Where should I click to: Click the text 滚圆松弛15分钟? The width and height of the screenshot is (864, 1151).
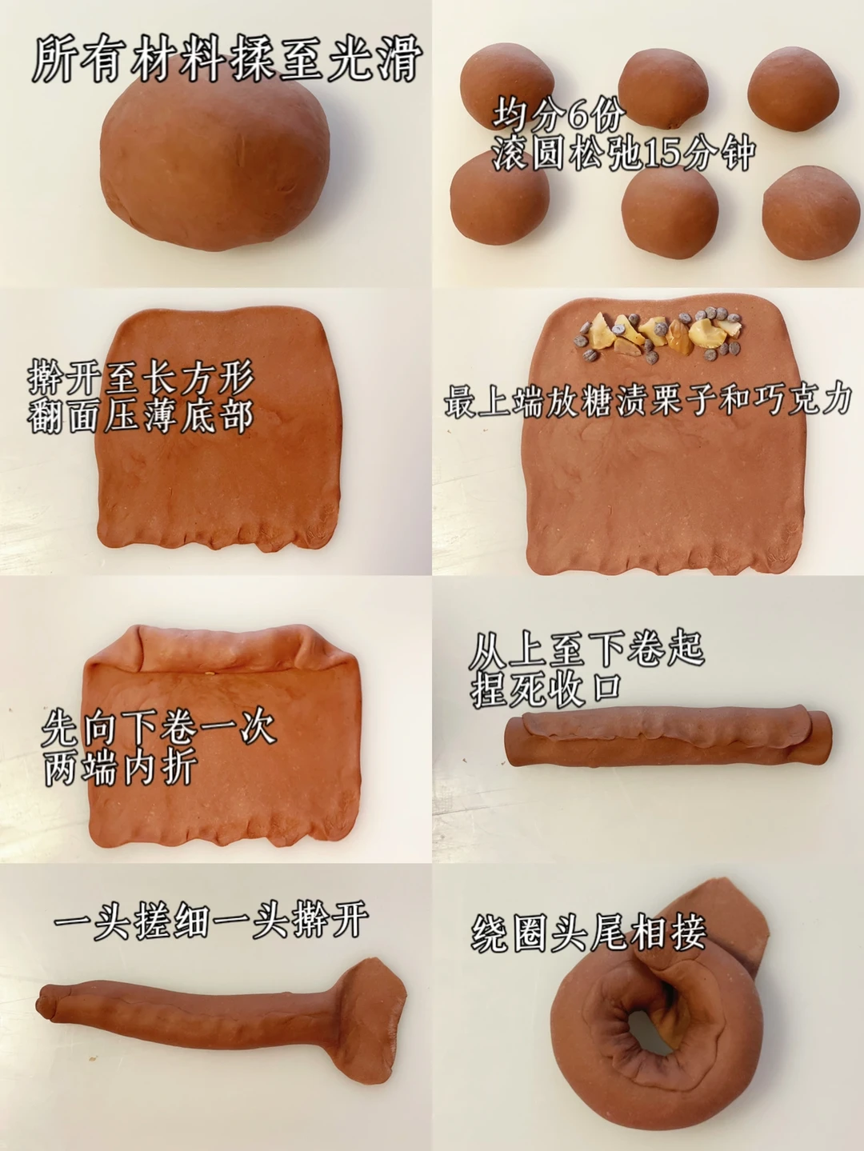pyautogui.click(x=623, y=153)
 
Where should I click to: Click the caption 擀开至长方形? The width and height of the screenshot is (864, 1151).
pyautogui.click(x=142, y=378)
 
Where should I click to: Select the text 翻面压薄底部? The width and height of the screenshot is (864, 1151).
pyautogui.click(x=142, y=416)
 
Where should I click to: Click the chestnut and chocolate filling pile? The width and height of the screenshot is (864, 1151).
pyautogui.click(x=659, y=336)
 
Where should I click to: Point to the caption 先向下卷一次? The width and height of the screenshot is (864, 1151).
pyautogui.click(x=159, y=729)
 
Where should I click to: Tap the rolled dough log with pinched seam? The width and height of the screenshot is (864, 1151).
pyautogui.click(x=670, y=742)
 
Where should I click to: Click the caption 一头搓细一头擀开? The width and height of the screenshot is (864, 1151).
pyautogui.click(x=211, y=921)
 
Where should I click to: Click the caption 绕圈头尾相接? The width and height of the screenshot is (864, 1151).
pyautogui.click(x=590, y=934)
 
